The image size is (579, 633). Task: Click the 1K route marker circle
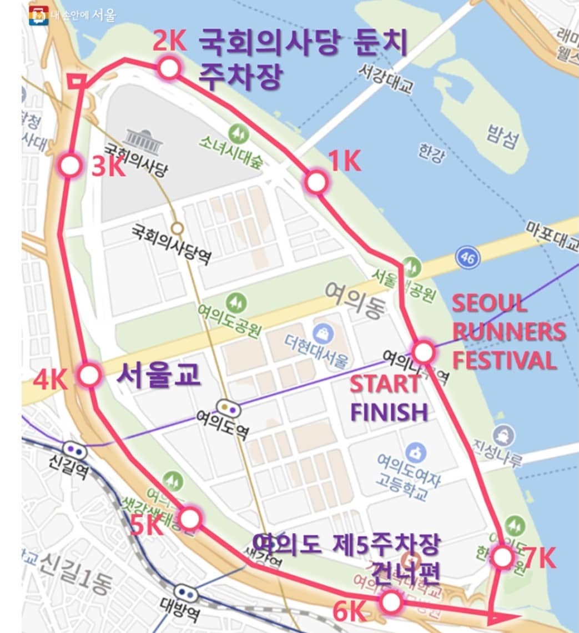316,182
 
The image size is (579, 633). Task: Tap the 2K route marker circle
169,69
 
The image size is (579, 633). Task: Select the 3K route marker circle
71,165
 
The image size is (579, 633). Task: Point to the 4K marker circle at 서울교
89,375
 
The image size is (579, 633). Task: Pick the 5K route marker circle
190,519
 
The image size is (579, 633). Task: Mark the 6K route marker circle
391,601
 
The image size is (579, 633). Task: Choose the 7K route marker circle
502,557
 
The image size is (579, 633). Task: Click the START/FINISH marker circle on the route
423,351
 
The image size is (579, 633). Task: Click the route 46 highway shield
467,257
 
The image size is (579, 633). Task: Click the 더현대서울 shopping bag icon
321,334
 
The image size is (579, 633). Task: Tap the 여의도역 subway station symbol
229,408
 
